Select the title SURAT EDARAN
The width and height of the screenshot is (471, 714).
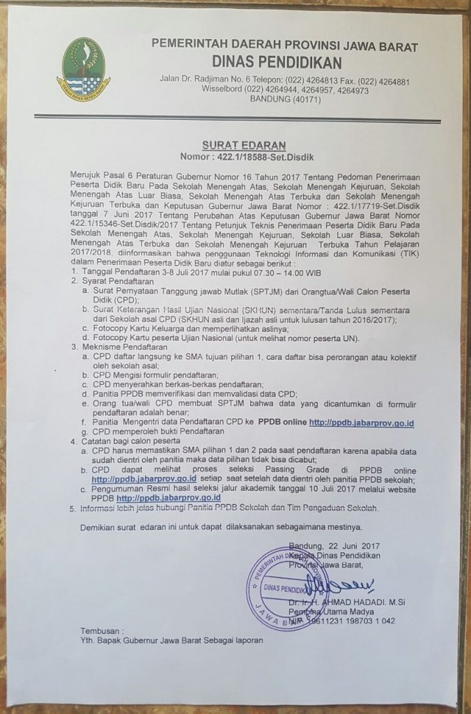tap(234, 145)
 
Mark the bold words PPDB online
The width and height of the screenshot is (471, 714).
tap(282, 423)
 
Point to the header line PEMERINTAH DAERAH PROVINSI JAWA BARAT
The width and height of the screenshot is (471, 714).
tap(285, 47)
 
